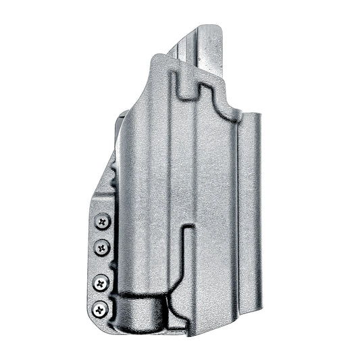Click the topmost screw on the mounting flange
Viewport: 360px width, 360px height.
pos(103,221)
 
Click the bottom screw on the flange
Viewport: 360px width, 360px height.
pos(101,309)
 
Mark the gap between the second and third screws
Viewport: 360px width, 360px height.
pos(102,265)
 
